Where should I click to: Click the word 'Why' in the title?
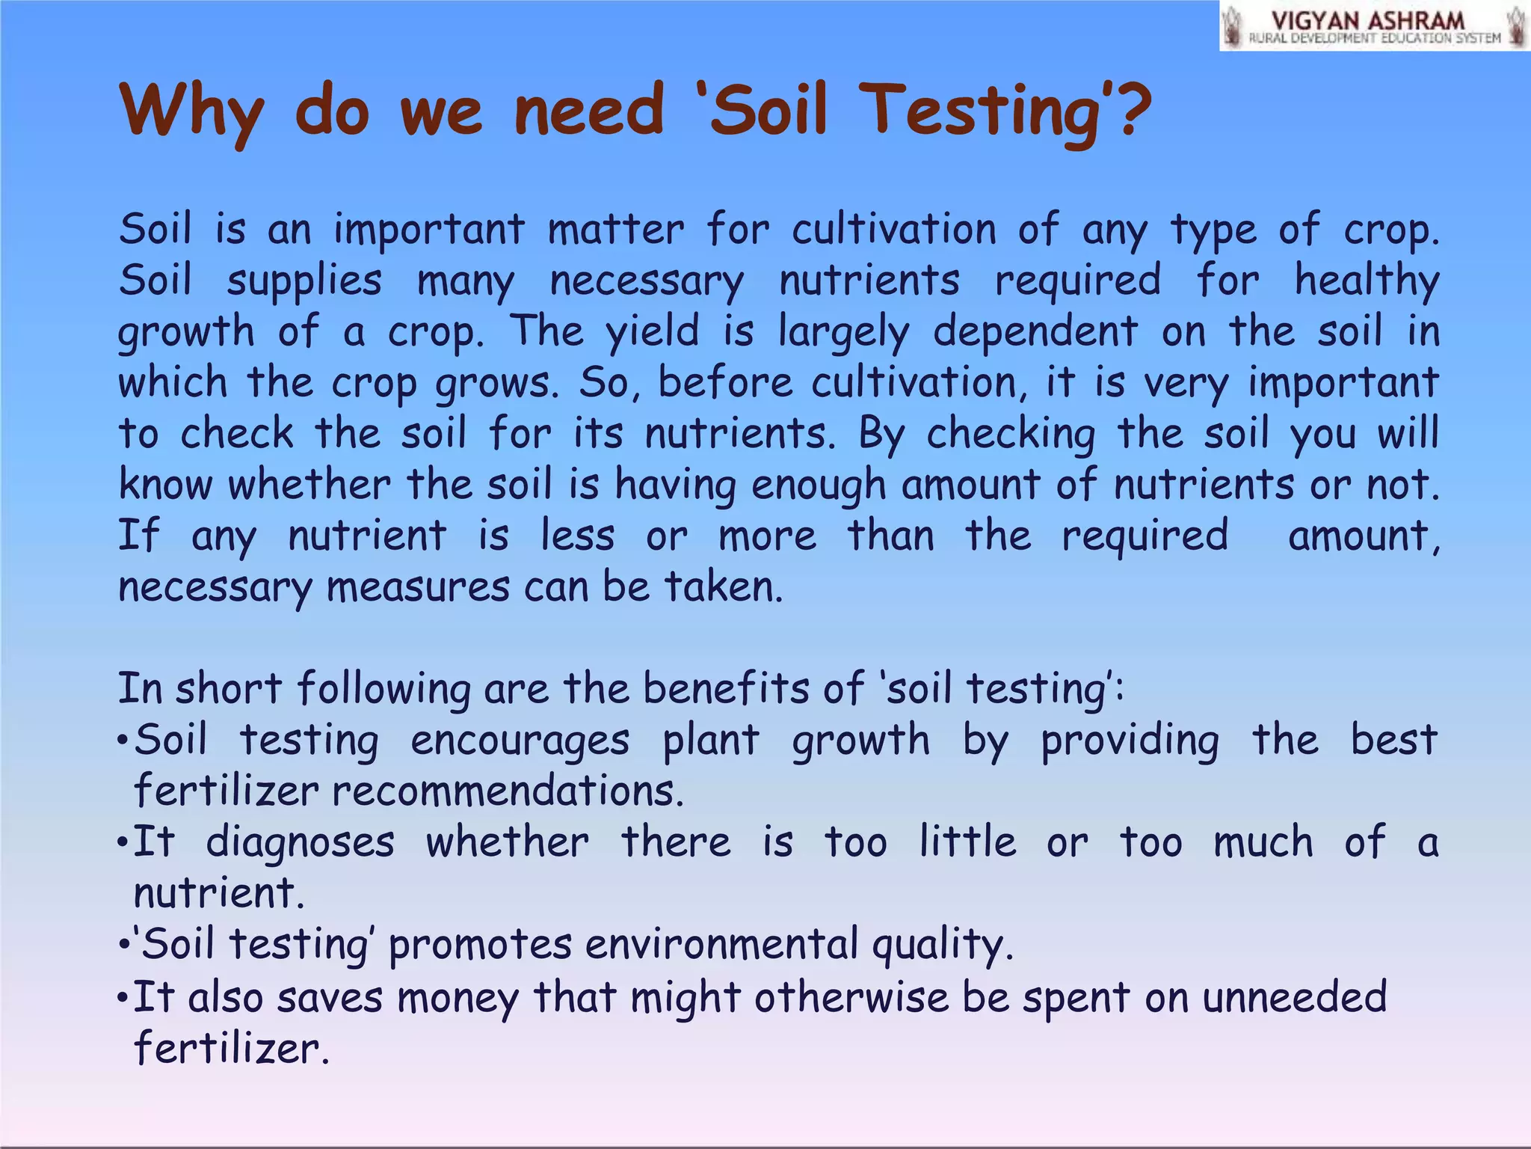pos(191,112)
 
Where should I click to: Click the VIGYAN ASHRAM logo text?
pos(1368,21)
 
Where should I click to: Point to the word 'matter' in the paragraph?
pos(615,229)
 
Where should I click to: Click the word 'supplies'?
pos(304,281)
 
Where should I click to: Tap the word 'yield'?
pos(652,332)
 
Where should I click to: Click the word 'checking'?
pos(1011,434)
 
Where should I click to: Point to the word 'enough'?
pos(819,485)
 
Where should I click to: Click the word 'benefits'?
pos(726,687)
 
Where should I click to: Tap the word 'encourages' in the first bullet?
pos(520,741)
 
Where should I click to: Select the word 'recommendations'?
pos(508,791)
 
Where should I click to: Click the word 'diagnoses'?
pos(300,843)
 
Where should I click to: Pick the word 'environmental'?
pos(721,944)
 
